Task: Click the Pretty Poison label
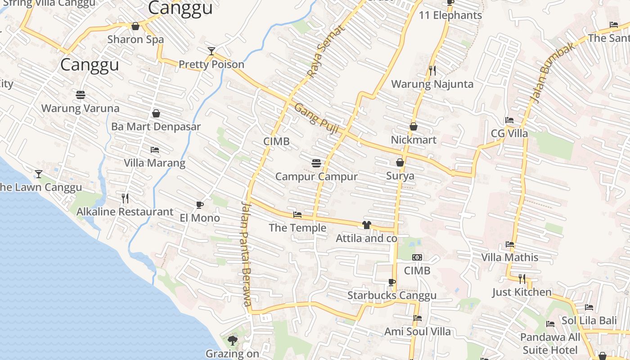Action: point(211,64)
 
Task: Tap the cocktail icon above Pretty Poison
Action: point(211,51)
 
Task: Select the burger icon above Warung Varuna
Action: point(81,95)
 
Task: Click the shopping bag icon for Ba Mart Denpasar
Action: point(156,113)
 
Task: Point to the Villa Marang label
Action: point(154,163)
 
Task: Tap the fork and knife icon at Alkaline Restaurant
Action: point(125,198)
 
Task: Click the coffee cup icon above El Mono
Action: point(200,205)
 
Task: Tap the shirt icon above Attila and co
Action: point(367,225)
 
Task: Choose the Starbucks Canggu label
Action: point(391,296)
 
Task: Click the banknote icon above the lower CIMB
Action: point(417,257)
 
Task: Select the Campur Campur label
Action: point(316,176)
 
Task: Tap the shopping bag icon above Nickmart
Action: point(414,127)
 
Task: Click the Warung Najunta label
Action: point(432,84)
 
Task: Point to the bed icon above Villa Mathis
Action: point(510,244)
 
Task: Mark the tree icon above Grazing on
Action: point(233,340)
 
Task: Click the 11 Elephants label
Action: point(450,15)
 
